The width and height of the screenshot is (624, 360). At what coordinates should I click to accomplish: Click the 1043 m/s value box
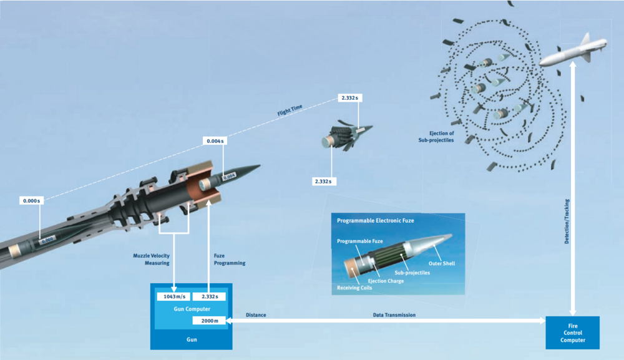(x=173, y=296)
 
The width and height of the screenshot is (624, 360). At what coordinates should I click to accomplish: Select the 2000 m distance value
(x=209, y=320)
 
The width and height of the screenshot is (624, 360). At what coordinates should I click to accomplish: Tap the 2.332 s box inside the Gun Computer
(x=210, y=296)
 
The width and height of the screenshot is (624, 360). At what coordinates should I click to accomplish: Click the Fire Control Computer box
(x=572, y=333)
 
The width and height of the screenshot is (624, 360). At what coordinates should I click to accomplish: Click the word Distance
(x=256, y=315)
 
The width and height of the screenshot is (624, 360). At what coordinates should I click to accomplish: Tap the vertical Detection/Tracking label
(x=567, y=221)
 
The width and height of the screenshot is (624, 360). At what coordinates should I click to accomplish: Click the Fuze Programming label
(x=229, y=259)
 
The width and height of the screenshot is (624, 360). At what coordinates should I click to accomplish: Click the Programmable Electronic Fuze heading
(x=376, y=221)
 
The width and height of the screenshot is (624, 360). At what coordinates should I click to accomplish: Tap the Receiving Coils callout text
(x=354, y=288)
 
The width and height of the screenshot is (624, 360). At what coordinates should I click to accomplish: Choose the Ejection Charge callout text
(x=386, y=281)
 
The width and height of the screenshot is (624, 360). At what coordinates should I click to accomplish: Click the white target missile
(x=572, y=51)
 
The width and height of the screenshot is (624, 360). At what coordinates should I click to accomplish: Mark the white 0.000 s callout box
(x=31, y=201)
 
